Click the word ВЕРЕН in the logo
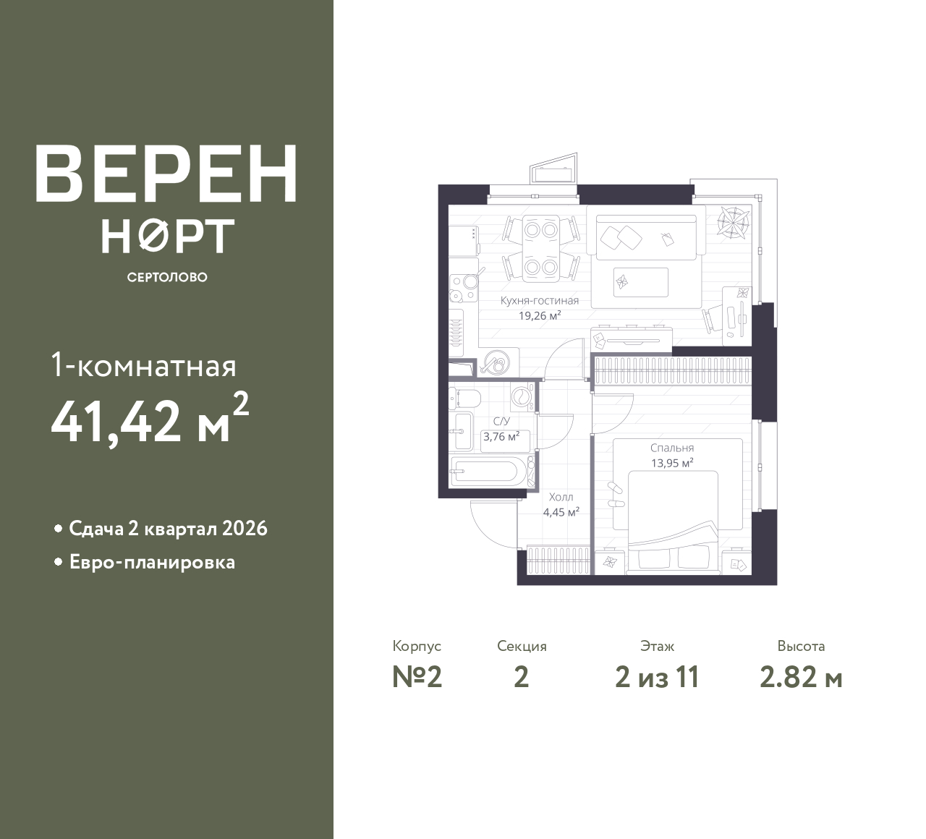tap(166, 174)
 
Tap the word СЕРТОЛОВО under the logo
tap(167, 277)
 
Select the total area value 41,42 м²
tap(150, 418)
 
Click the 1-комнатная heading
tap(143, 367)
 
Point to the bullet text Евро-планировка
tap(152, 563)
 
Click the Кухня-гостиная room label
tap(539, 301)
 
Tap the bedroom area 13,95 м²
tap(672, 463)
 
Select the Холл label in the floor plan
tap(561, 497)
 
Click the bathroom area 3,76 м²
tap(501, 436)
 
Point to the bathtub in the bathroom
tap(489, 472)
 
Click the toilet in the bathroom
tap(465, 398)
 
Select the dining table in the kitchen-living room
tap(541, 248)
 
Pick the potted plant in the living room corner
tap(733, 223)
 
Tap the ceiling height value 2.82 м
tap(801, 678)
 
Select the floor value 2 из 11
tap(657, 678)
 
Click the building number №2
tap(417, 678)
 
